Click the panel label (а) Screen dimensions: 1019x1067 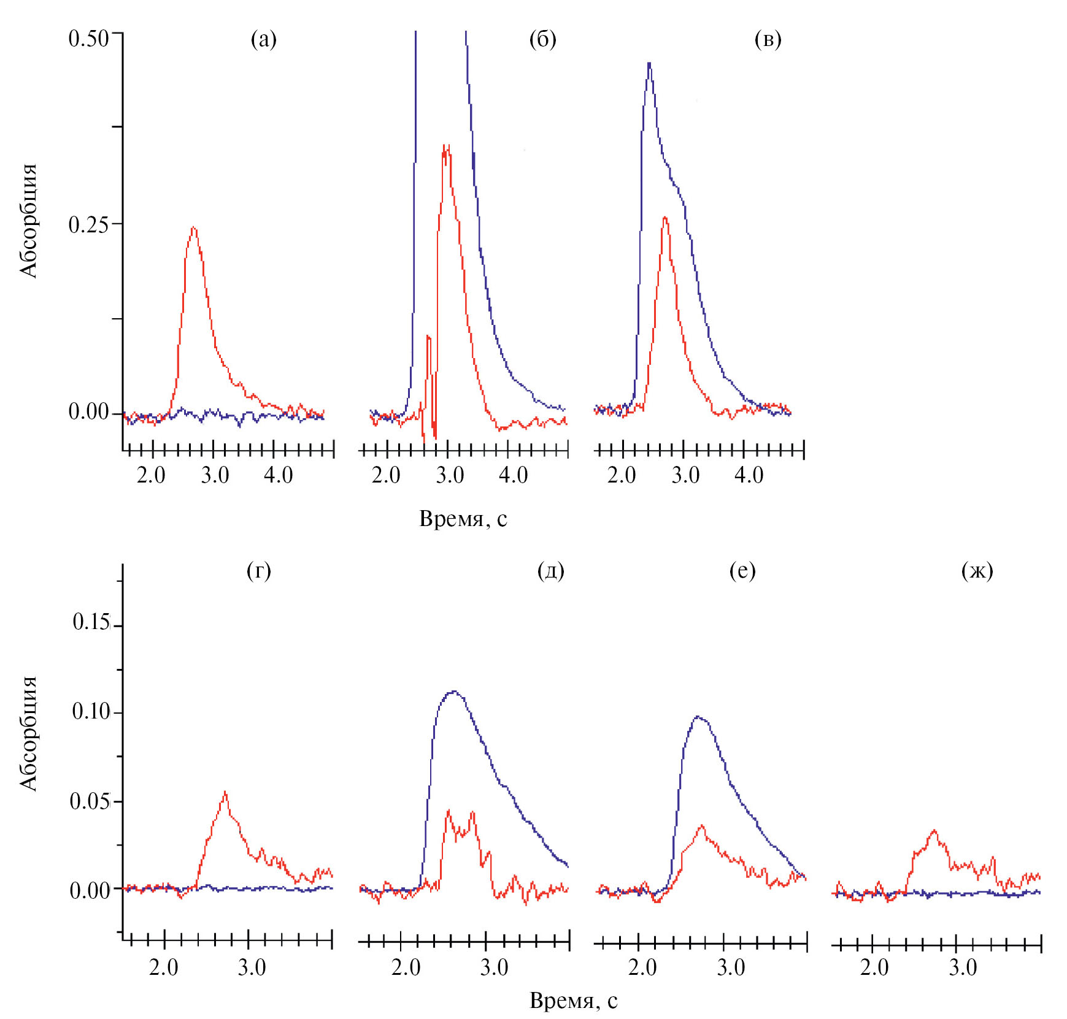(x=264, y=40)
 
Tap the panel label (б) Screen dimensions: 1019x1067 (x=542, y=40)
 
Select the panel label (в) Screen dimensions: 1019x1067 (x=768, y=40)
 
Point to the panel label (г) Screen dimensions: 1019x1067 (x=258, y=571)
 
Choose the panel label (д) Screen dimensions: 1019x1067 (x=550, y=571)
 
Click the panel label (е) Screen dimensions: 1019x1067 (x=742, y=571)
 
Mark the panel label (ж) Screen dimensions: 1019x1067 (x=977, y=571)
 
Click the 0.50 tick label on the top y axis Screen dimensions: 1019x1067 (x=88, y=39)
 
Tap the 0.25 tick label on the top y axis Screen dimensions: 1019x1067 (x=88, y=225)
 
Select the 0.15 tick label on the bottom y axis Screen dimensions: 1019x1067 (x=91, y=622)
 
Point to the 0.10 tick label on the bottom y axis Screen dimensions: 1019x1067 (x=91, y=711)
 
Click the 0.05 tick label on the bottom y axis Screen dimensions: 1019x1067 (x=90, y=801)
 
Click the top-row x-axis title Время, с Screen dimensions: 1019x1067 (x=463, y=519)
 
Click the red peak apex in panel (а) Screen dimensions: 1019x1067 (x=194, y=227)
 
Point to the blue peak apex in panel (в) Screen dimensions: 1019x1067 (x=649, y=63)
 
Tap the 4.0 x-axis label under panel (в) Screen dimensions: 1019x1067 (x=749, y=475)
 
